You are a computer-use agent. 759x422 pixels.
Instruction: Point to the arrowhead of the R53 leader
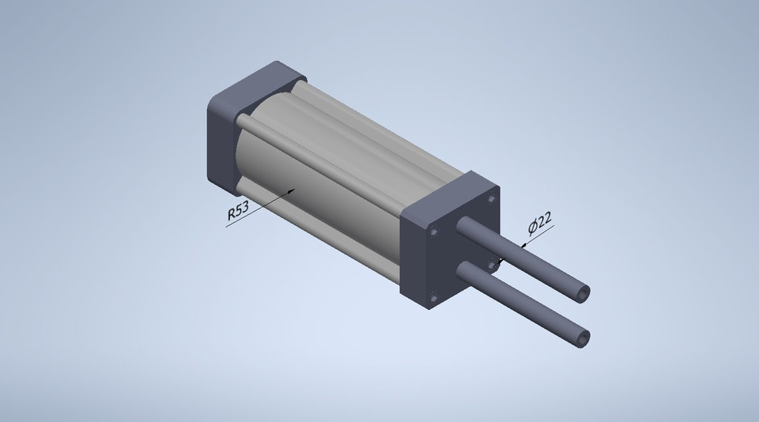293,190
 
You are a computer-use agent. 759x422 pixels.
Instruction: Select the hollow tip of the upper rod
583,293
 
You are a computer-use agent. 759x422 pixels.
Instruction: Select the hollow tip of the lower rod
583,337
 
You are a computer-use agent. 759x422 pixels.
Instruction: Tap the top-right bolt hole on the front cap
492,198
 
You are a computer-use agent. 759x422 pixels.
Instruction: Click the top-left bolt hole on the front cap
434,232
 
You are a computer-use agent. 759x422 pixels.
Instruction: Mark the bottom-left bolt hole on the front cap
433,296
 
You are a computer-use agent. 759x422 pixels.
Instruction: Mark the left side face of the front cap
414,253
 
